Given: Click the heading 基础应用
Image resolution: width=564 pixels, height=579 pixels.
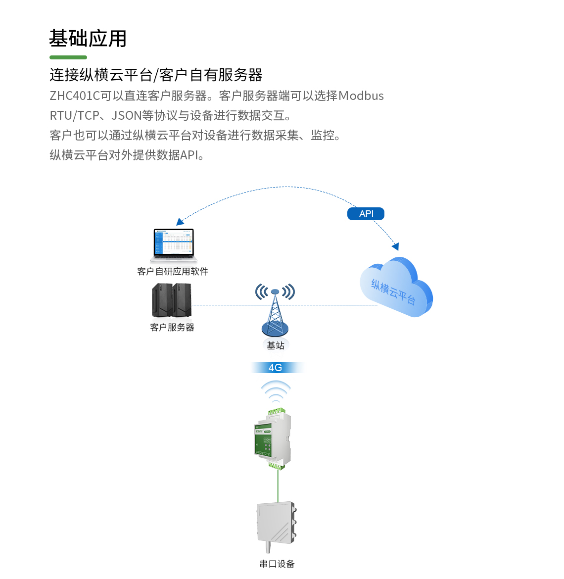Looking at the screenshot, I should pyautogui.click(x=88, y=39).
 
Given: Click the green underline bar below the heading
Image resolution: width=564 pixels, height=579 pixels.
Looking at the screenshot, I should pyautogui.click(x=68, y=57).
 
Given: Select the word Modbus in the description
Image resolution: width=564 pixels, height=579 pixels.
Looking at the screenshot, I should pyautogui.click(x=361, y=96).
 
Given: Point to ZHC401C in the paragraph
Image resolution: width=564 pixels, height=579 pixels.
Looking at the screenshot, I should pyautogui.click(x=75, y=96).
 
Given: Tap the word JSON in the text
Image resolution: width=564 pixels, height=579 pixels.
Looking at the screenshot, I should pyautogui.click(x=127, y=116).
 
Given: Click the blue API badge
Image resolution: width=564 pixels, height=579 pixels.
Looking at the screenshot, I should pyautogui.click(x=366, y=214).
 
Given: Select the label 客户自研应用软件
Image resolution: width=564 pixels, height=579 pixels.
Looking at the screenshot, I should pyautogui.click(x=173, y=271).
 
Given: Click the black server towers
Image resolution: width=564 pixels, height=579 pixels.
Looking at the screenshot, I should pyautogui.click(x=172, y=300).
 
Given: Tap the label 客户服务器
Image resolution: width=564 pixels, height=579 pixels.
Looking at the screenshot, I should pyautogui.click(x=172, y=327).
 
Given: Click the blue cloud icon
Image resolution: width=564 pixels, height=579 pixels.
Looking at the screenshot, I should pyautogui.click(x=396, y=287).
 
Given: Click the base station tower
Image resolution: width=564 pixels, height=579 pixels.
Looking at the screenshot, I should pyautogui.click(x=275, y=312).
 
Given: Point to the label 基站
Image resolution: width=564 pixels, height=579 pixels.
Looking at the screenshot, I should pyautogui.click(x=276, y=345).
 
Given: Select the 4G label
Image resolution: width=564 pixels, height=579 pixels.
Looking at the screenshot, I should pyautogui.click(x=276, y=368).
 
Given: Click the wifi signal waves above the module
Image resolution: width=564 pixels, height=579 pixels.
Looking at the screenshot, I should pyautogui.click(x=276, y=391).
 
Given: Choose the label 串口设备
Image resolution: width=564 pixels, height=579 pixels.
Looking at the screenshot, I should pyautogui.click(x=277, y=564).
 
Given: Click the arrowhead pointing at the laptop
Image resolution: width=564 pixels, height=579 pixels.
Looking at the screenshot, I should pyautogui.click(x=180, y=222).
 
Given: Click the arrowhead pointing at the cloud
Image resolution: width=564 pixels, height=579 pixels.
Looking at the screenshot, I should pyautogui.click(x=395, y=246).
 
